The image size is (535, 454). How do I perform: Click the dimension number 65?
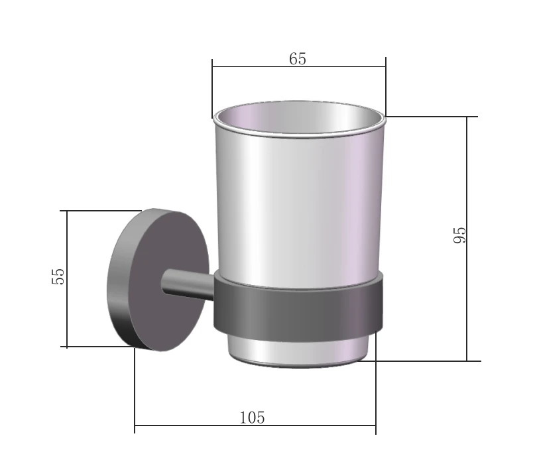click(x=298, y=59)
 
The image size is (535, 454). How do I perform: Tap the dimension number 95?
click(x=459, y=235)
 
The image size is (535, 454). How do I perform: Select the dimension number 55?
click(x=58, y=276)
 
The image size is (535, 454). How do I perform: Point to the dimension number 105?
click(x=252, y=418)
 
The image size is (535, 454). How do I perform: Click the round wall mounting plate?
click(x=158, y=280)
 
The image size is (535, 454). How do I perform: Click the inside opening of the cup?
click(x=299, y=117)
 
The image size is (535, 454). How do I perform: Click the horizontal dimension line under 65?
click(x=299, y=66)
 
